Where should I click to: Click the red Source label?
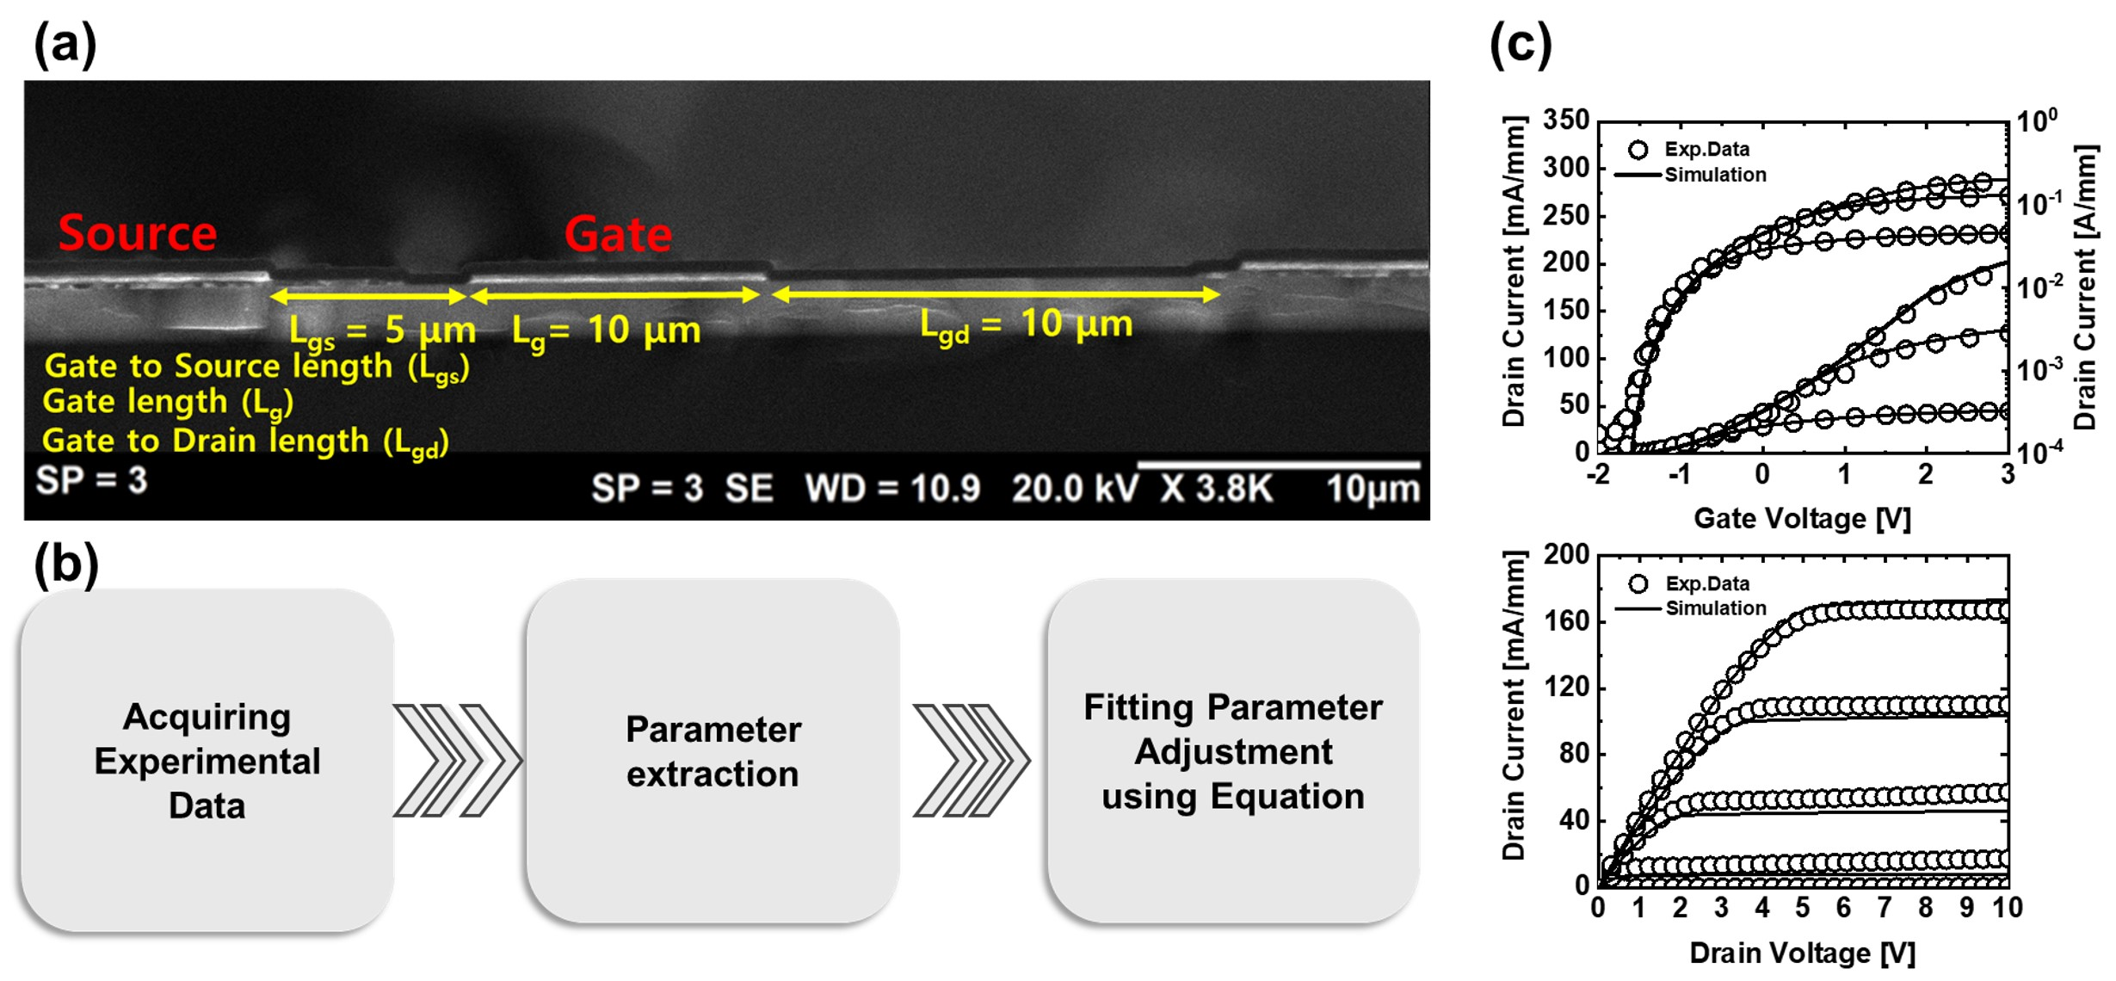point(138,233)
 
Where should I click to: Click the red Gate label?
point(618,234)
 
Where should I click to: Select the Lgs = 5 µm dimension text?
point(382,330)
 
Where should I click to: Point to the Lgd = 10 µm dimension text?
point(1026,325)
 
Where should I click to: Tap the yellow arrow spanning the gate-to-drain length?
point(996,295)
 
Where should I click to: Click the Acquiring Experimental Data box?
point(207,760)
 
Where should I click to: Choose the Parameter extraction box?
point(713,751)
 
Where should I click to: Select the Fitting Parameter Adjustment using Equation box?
point(1232,751)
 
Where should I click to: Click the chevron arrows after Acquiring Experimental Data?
point(457,760)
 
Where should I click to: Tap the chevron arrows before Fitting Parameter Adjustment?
point(972,760)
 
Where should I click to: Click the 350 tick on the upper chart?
point(1565,120)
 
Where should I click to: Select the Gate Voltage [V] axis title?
point(1802,519)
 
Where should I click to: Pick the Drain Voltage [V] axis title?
point(1802,953)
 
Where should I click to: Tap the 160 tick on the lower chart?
point(1567,621)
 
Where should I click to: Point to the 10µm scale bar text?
point(1372,490)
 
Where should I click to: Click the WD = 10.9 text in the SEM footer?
point(892,489)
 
